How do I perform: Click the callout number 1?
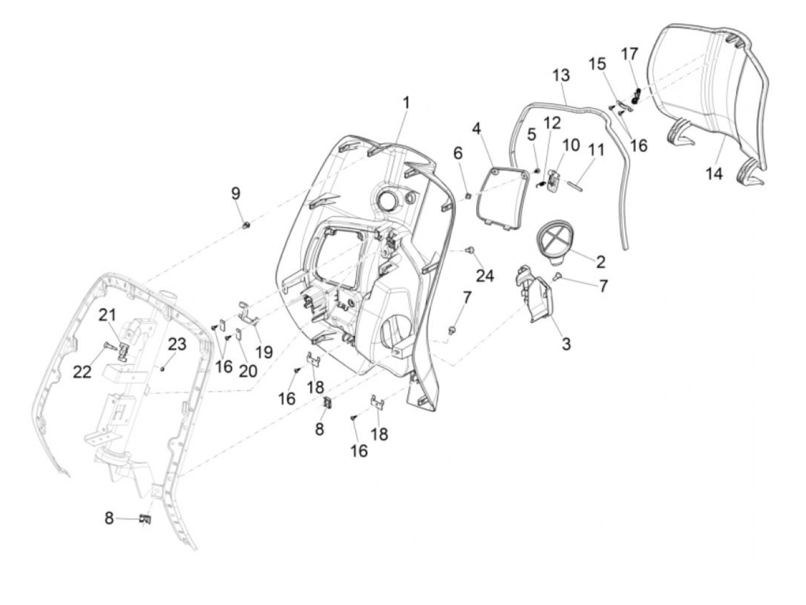click(x=406, y=104)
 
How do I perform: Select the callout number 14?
click(x=714, y=173)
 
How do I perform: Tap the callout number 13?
click(x=561, y=75)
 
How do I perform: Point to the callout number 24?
click(x=485, y=276)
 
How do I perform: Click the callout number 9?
click(x=235, y=193)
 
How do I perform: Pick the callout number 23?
click(x=177, y=344)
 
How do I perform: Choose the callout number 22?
click(x=82, y=372)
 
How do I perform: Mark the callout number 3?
click(x=566, y=343)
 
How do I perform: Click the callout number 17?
click(x=629, y=54)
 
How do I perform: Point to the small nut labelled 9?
click(x=245, y=225)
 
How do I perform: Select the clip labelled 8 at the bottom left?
click(x=145, y=519)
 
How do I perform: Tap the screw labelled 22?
click(x=109, y=347)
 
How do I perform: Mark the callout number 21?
click(x=107, y=315)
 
